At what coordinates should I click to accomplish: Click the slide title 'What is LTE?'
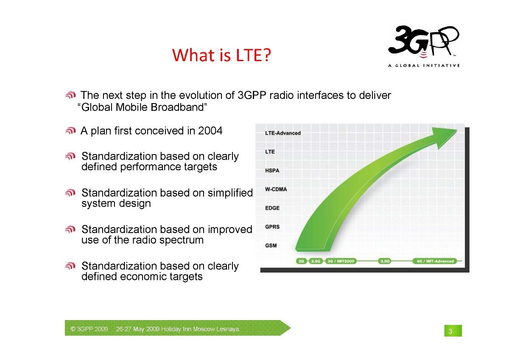click(221, 55)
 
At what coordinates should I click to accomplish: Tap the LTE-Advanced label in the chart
click(282, 133)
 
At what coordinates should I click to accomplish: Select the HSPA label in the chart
click(272, 171)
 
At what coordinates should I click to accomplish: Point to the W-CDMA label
click(276, 189)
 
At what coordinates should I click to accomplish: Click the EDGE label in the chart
click(272, 208)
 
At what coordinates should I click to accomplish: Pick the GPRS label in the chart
click(272, 227)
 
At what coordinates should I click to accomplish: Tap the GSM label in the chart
click(271, 246)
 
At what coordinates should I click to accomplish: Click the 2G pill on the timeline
click(301, 261)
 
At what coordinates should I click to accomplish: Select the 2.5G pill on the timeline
click(316, 261)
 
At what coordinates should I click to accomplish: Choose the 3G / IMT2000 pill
click(341, 261)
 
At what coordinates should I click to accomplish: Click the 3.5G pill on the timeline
click(385, 261)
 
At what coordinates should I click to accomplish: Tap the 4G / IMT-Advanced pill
click(435, 261)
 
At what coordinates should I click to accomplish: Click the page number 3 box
click(453, 331)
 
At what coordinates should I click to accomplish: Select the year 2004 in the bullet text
click(210, 131)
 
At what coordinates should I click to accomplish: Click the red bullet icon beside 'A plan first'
click(70, 131)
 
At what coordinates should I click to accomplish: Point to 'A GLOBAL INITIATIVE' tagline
click(424, 65)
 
